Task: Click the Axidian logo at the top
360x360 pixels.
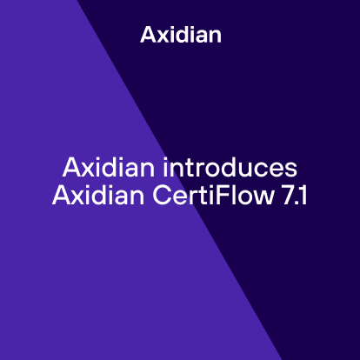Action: click(180, 36)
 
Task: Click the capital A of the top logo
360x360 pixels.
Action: click(147, 36)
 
